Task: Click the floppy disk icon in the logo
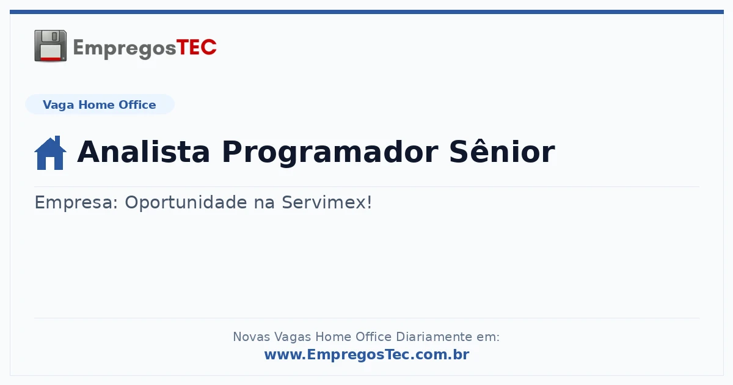click(50, 45)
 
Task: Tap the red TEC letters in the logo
click(196, 48)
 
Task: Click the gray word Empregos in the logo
click(125, 49)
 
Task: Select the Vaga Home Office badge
click(100, 105)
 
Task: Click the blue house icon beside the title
click(50, 153)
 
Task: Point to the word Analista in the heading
click(144, 152)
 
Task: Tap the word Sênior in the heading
click(502, 152)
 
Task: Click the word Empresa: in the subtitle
click(76, 203)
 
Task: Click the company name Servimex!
click(327, 202)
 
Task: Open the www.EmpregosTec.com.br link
click(366, 354)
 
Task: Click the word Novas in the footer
click(251, 337)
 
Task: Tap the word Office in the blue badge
click(137, 105)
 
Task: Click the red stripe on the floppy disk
click(51, 59)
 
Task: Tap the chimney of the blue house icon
click(57, 141)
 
